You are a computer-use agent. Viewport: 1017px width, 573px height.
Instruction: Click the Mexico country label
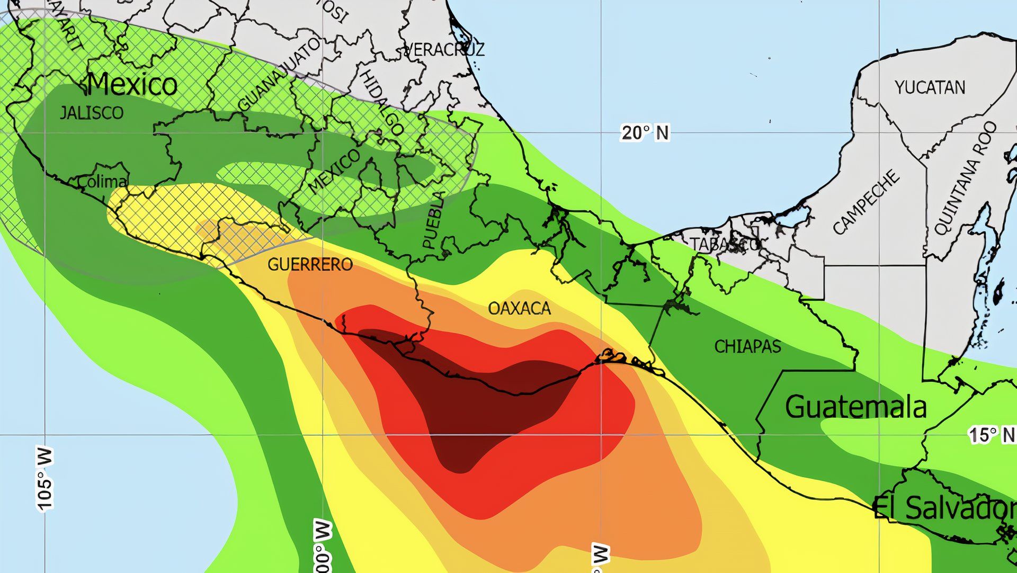[x=132, y=85]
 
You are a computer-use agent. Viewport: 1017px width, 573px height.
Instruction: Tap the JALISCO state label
[x=91, y=113]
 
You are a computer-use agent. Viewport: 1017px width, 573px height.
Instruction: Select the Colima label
[x=102, y=182]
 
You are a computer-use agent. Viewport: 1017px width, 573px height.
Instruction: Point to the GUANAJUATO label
[x=279, y=74]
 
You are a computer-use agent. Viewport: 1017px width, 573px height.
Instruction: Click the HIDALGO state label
[x=382, y=103]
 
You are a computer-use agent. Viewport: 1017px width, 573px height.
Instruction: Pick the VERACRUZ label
[x=444, y=50]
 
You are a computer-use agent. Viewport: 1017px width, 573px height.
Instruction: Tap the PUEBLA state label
[x=433, y=220]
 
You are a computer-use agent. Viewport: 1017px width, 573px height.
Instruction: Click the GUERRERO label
[x=310, y=264]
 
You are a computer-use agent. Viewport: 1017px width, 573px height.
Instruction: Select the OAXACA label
[x=519, y=308]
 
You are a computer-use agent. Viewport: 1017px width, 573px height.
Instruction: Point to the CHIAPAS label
[x=747, y=346]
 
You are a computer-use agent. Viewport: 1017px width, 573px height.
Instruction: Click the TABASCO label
[x=725, y=244]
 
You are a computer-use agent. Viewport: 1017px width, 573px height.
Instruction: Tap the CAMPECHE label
[x=866, y=201]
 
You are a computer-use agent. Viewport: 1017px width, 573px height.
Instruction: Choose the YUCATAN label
[x=930, y=87]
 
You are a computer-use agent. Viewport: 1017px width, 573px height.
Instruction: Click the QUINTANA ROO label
[x=965, y=178]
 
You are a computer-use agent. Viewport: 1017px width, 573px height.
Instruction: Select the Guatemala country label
[x=855, y=407]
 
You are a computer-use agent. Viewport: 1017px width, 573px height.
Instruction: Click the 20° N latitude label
[x=645, y=132]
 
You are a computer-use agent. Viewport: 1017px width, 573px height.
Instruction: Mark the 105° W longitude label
[x=46, y=479]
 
